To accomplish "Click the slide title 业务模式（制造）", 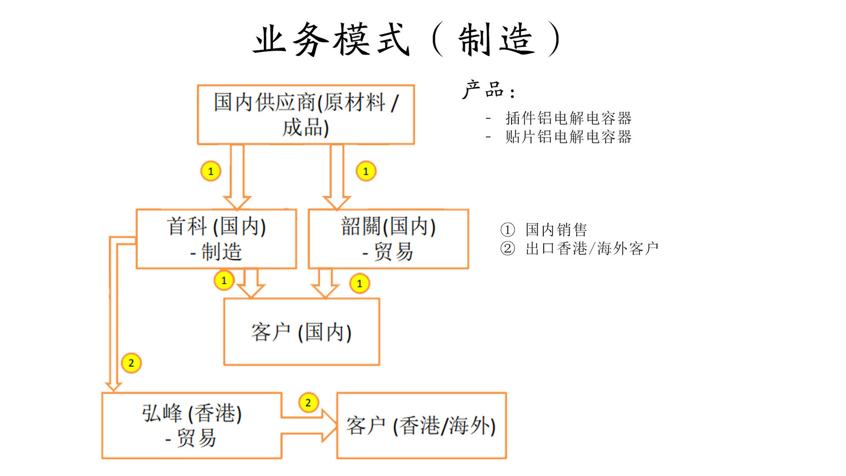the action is [408, 40].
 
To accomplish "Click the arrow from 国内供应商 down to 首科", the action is [237, 176].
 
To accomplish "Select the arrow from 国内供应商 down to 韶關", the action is [337, 176].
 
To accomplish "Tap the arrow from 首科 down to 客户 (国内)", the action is [251, 283].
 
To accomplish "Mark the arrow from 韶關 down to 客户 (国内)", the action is [325, 283].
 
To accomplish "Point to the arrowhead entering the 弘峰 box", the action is [113, 387].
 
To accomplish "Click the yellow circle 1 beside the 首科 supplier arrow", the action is [211, 171].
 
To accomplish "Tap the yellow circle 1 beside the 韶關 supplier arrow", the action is [366, 171].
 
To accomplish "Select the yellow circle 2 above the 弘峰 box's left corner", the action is [131, 363].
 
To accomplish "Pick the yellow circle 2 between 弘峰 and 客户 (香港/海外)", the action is [308, 402].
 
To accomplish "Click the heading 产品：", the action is [488, 90].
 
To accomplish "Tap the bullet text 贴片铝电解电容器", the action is [568, 137].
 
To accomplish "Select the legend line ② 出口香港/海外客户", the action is [579, 249].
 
